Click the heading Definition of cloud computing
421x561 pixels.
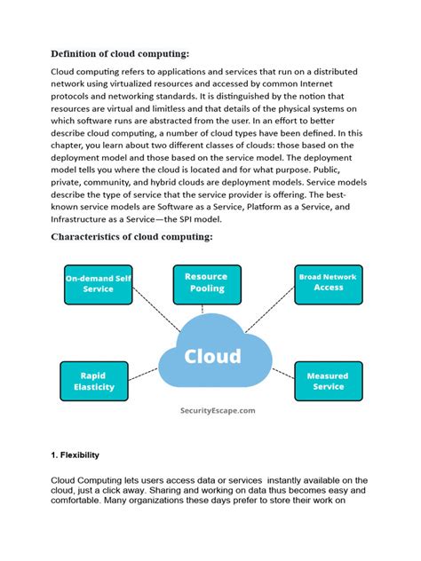tap(120, 53)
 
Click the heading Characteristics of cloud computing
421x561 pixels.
tap(131, 237)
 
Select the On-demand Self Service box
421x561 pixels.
tap(98, 283)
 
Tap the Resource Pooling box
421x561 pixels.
tap(206, 282)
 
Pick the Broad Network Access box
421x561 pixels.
tap(328, 282)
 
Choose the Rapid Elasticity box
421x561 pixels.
tap(92, 381)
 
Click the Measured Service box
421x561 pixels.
tap(328, 381)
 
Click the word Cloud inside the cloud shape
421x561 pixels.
tap(212, 357)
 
